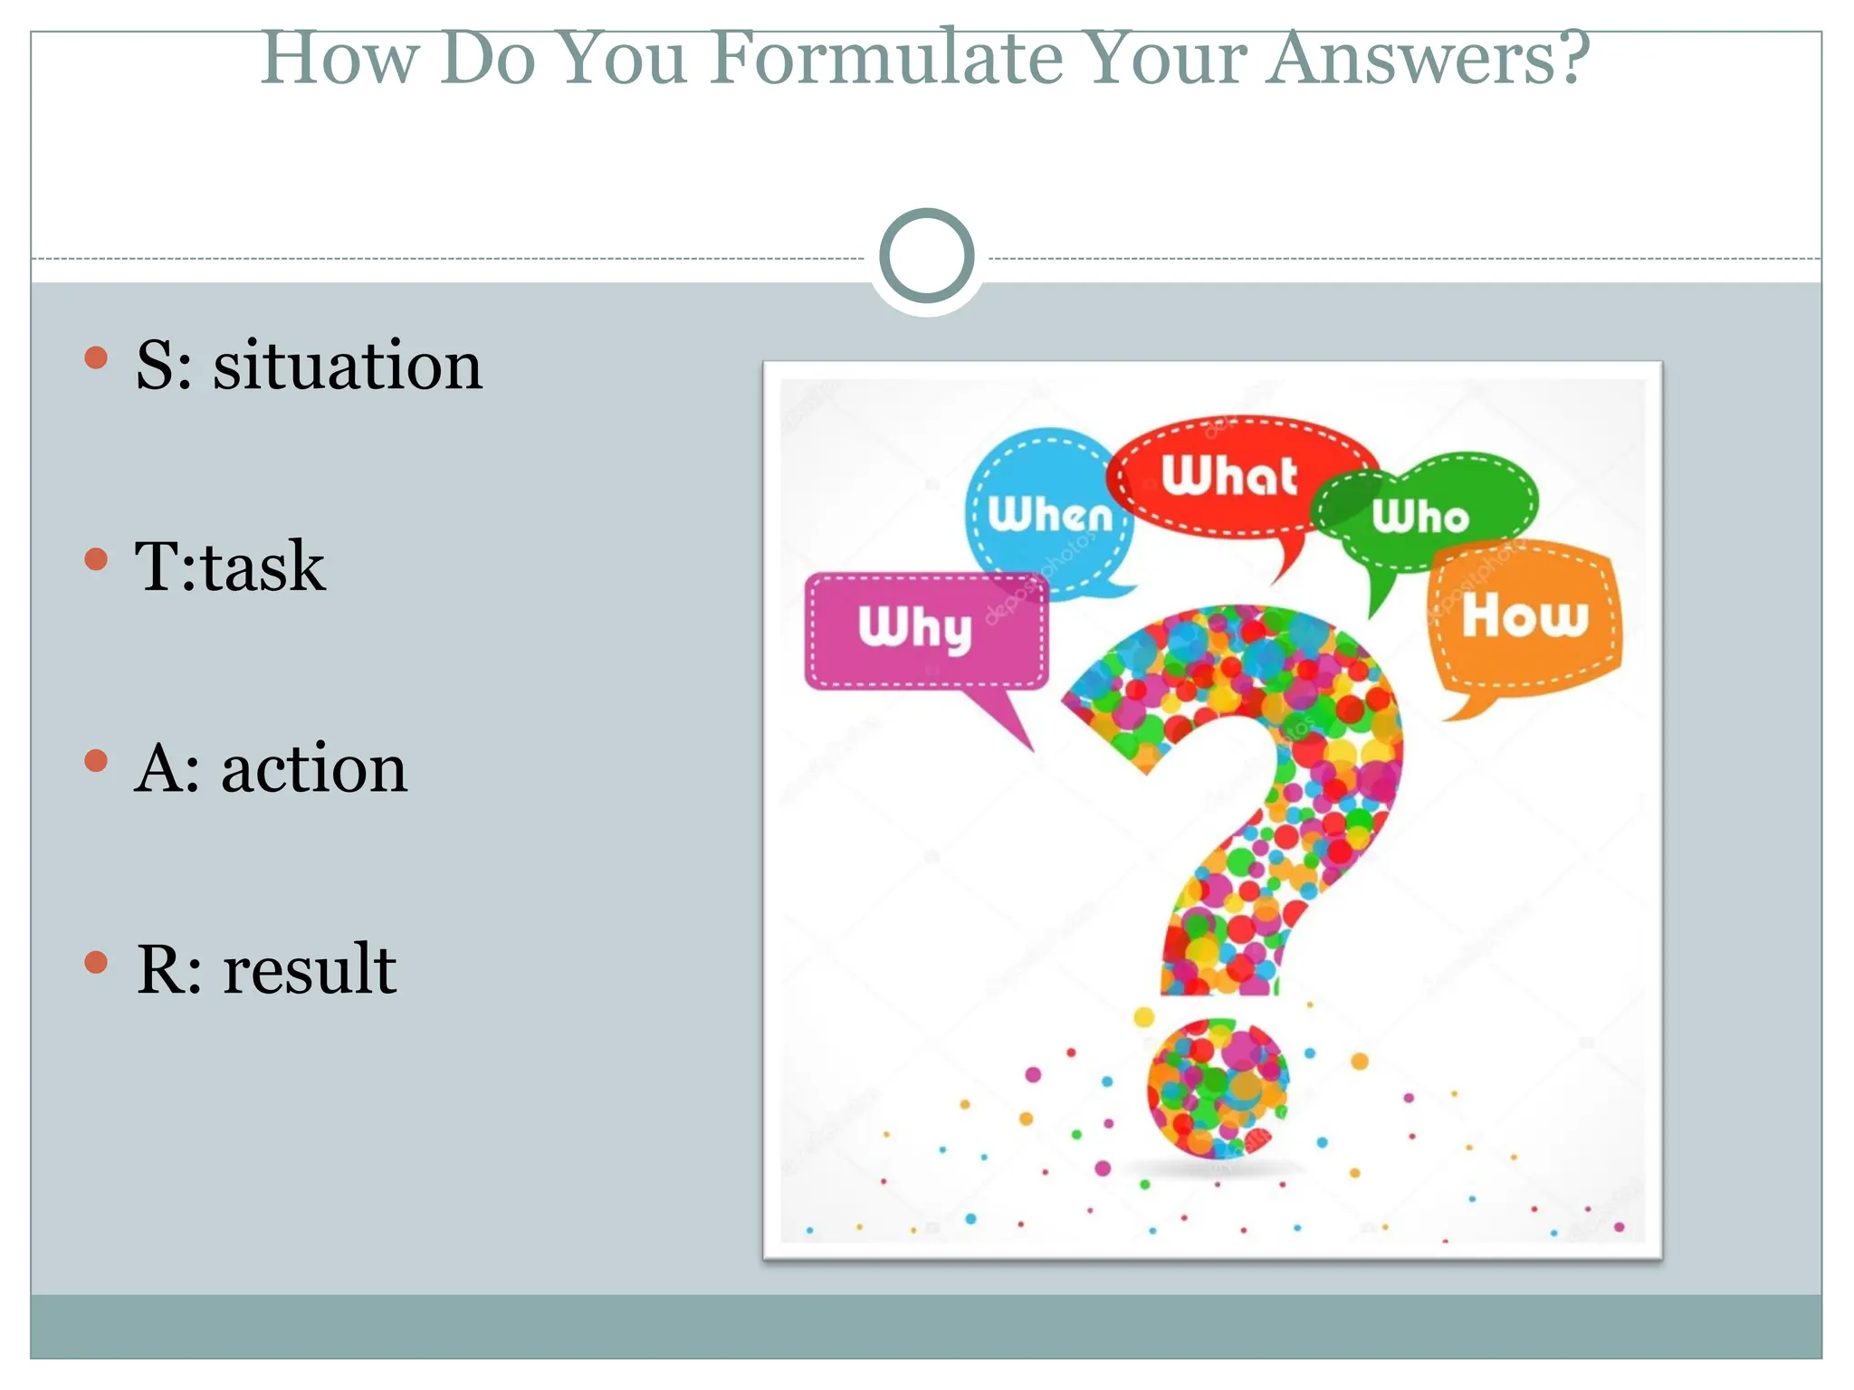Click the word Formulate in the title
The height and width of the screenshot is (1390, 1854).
point(885,58)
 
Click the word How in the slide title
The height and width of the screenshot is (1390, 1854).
point(339,58)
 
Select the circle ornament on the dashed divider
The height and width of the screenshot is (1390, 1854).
point(926,256)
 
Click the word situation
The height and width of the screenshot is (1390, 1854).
point(348,366)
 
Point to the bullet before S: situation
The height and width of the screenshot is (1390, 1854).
point(96,357)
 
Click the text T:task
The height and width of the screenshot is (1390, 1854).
point(230,567)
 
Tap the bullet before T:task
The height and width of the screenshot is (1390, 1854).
point(96,559)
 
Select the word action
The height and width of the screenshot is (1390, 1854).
point(314,769)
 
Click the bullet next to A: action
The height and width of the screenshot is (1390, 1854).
point(96,761)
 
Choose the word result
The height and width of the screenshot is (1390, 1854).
point(310,970)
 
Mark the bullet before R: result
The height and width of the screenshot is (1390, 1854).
point(96,962)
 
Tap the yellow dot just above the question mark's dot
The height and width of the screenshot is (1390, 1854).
point(1144,1017)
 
